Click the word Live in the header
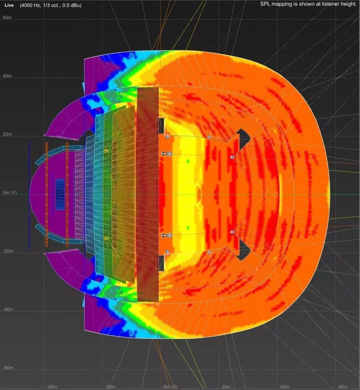pos(9,5)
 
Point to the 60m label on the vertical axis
pos(7,17)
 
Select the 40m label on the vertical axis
pos(7,76)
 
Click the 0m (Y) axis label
pos(10,193)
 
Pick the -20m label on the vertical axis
pos(8,251)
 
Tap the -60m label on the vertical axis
pos(8,367)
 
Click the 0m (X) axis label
pos(170,387)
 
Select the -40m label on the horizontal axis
pos(52,387)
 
